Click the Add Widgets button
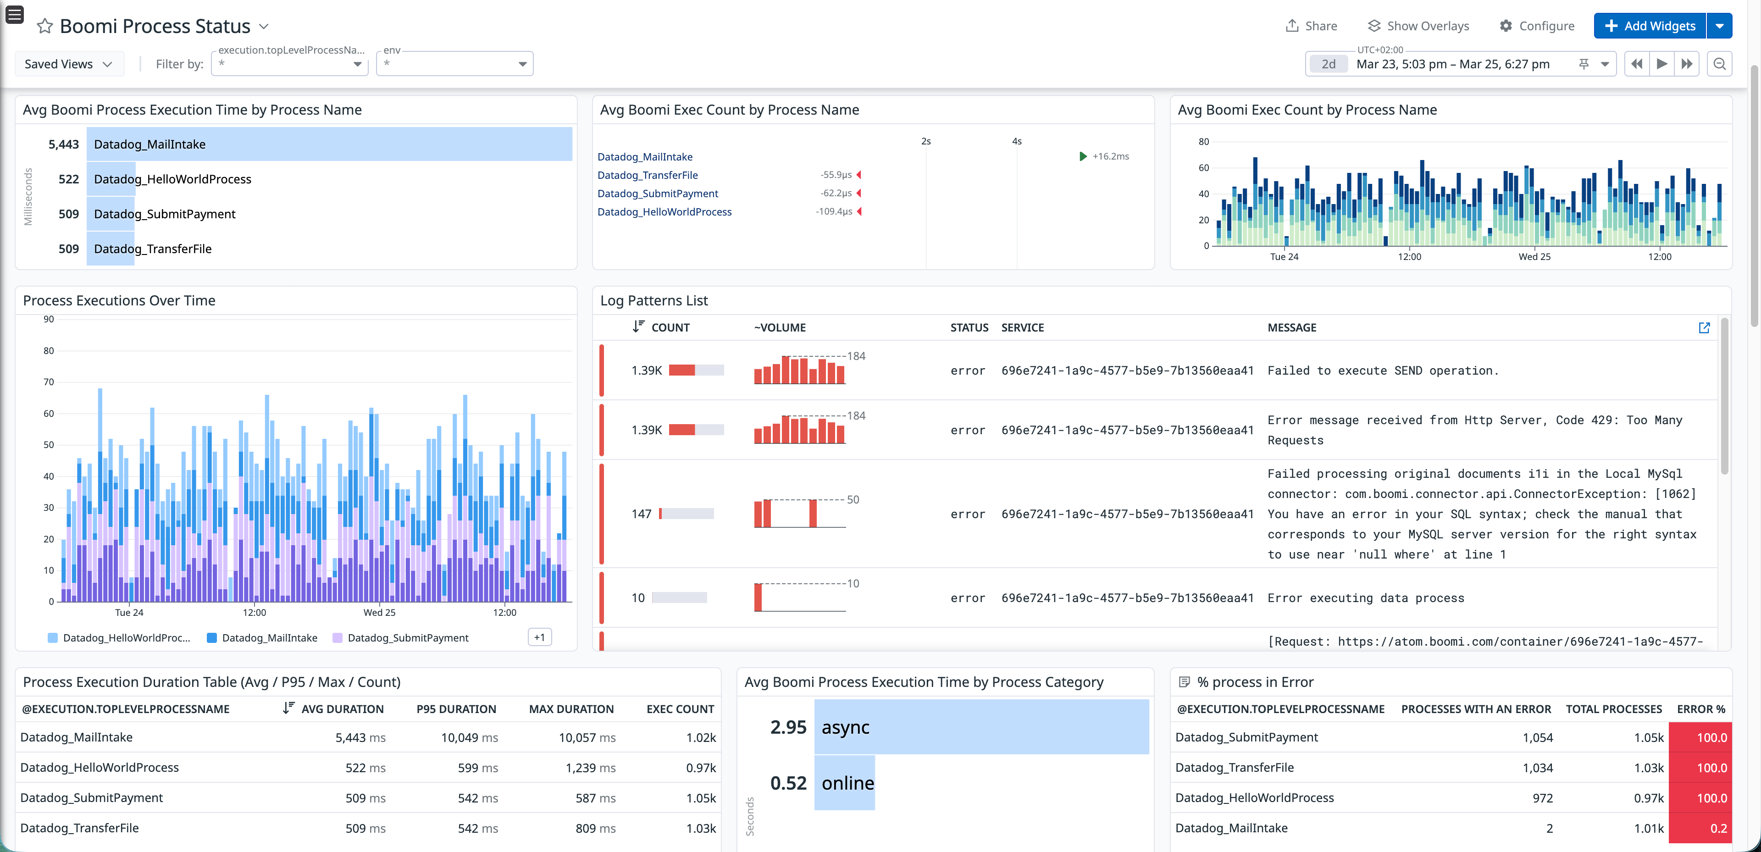pyautogui.click(x=1650, y=26)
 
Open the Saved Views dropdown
pyautogui.click(x=68, y=64)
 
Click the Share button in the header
pyautogui.click(x=1311, y=26)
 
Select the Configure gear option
pyautogui.click(x=1537, y=26)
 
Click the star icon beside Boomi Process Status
pyautogui.click(x=45, y=26)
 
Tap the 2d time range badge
pyautogui.click(x=1328, y=64)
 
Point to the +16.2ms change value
pyautogui.click(x=1110, y=156)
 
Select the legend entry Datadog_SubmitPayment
pyautogui.click(x=407, y=638)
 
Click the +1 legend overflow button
pyautogui.click(x=539, y=637)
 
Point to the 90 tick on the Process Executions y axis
pyautogui.click(x=49, y=319)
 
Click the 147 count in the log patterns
pyautogui.click(x=641, y=514)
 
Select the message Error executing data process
pyautogui.click(x=1365, y=598)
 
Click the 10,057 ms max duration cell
pyautogui.click(x=587, y=737)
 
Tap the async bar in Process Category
pyautogui.click(x=980, y=727)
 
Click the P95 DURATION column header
pyautogui.click(x=456, y=709)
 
